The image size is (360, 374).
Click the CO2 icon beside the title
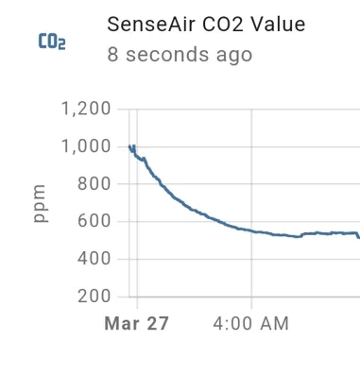52,42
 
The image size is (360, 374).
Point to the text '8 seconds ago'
180,55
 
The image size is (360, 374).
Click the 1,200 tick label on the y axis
86,110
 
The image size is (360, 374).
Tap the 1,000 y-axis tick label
86,146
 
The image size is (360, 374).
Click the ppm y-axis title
41,203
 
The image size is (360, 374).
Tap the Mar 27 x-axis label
136,324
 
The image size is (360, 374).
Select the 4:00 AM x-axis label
251,324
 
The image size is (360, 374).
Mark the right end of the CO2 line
358,237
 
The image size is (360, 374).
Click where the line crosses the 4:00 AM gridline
251,230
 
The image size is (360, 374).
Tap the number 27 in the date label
157,324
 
